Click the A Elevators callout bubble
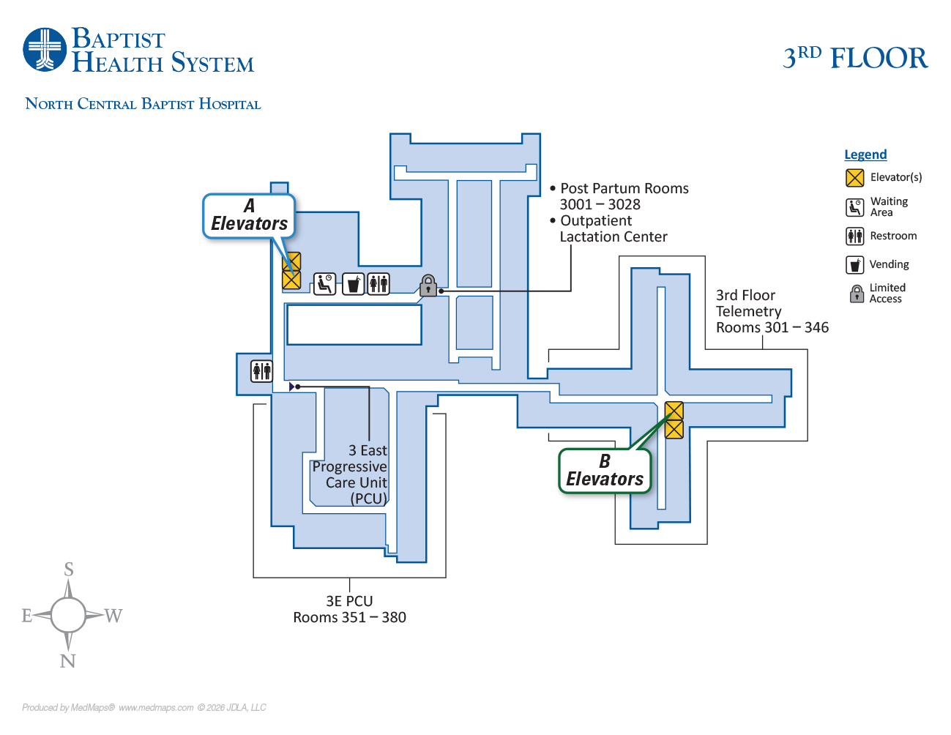click(249, 216)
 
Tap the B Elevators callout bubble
click(605, 471)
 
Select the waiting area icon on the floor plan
click(324, 283)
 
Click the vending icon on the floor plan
click(353, 283)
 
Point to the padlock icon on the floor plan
click(428, 286)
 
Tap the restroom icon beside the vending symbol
click(378, 283)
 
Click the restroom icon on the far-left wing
click(261, 371)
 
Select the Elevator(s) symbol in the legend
click(854, 178)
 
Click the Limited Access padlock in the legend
click(857, 294)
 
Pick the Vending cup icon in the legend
click(854, 264)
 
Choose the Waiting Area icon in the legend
click(854, 207)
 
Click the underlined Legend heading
click(865, 154)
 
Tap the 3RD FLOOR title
click(855, 58)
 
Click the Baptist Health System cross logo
click(45, 50)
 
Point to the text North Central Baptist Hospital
click(143, 104)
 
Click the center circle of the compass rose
click(68, 615)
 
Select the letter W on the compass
click(113, 616)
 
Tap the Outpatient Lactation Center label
click(613, 228)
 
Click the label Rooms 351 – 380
click(349, 617)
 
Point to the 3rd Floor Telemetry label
click(749, 303)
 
